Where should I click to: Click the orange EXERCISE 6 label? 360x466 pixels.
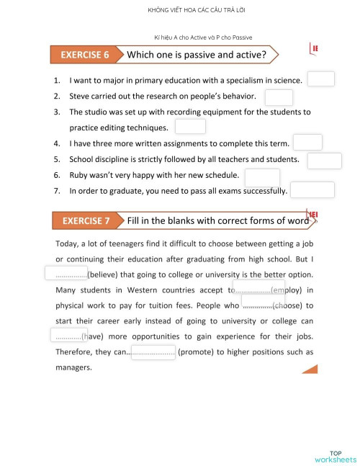pos(85,55)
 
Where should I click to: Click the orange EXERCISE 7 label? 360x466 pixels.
pos(86,220)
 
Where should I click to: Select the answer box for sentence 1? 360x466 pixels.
pos(320,79)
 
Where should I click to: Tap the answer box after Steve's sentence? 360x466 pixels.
pos(279,97)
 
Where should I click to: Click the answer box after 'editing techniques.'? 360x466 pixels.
pos(190,127)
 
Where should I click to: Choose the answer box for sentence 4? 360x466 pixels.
pos(307,142)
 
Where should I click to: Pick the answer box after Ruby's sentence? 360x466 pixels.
pos(262,177)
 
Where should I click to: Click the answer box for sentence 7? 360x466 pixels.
pos(312,189)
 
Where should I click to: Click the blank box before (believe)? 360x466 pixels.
pos(66,273)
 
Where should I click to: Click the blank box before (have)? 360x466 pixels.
pos(68,335)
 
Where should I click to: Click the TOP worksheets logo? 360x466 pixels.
pos(335,456)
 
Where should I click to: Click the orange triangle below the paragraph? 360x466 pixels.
pos(311,369)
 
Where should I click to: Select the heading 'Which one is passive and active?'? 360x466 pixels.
pos(196,55)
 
